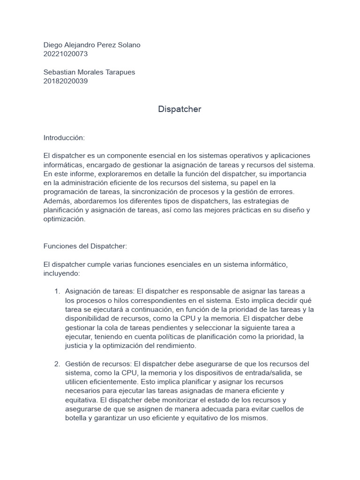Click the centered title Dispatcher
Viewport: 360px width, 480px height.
tap(180, 109)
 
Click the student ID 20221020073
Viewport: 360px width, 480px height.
tap(66, 54)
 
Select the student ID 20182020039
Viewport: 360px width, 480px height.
tap(66, 81)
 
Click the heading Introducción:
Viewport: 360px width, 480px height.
tap(64, 138)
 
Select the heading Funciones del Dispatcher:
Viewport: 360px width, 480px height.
tap(85, 246)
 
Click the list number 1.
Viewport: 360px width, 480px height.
tap(58, 292)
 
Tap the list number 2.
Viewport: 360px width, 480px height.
tap(57, 364)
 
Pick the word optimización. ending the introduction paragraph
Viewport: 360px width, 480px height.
tap(65, 219)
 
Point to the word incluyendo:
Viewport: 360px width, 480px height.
tap(62, 273)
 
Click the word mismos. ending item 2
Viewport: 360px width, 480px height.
tap(254, 419)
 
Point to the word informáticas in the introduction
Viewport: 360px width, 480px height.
tap(65, 165)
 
